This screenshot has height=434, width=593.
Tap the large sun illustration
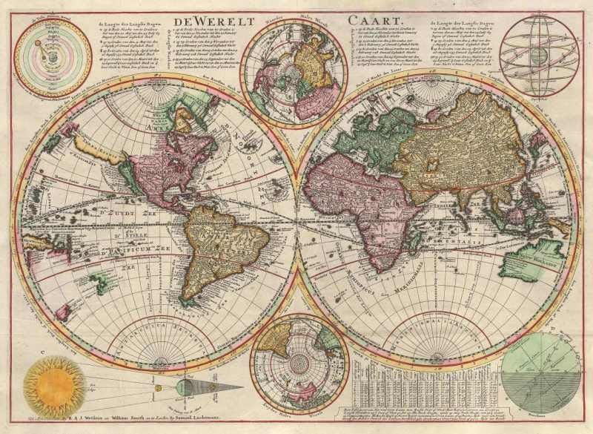point(53,386)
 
